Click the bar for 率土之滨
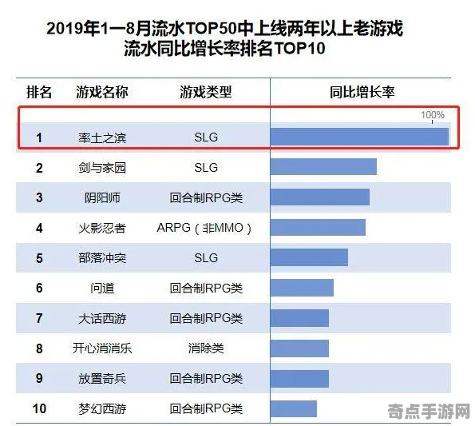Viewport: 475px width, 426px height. click(x=359, y=137)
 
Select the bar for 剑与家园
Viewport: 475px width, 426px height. click(x=323, y=167)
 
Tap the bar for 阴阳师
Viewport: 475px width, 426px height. click(x=319, y=197)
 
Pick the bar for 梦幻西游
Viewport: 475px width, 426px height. click(x=294, y=408)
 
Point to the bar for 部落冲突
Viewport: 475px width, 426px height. click(x=309, y=257)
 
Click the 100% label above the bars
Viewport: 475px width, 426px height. click(x=432, y=115)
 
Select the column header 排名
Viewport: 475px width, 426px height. click(x=39, y=92)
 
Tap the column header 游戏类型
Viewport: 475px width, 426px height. click(x=206, y=92)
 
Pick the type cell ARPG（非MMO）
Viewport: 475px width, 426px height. click(x=206, y=228)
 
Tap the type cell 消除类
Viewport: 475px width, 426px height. click(x=206, y=348)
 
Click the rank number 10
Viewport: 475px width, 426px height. click(x=39, y=408)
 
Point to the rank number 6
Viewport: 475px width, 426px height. click(x=39, y=288)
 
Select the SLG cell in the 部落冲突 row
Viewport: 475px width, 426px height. click(x=206, y=257)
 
